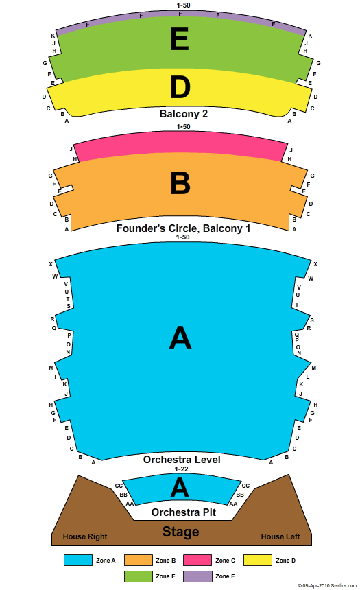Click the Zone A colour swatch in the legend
(x=78, y=560)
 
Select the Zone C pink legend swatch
(x=197, y=560)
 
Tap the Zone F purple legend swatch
(x=197, y=576)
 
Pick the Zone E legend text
(x=165, y=576)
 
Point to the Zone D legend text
(x=285, y=560)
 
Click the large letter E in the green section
(x=180, y=39)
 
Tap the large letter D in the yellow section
(x=180, y=87)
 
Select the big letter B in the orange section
(x=180, y=183)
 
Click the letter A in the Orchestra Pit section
(x=180, y=487)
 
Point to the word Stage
(x=180, y=532)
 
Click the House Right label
(x=85, y=536)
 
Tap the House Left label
(x=280, y=536)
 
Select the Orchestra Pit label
(x=184, y=512)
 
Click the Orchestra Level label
(x=182, y=460)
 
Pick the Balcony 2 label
(x=184, y=114)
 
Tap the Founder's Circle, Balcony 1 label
(x=183, y=228)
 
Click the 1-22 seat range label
(x=181, y=469)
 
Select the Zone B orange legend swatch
(x=138, y=560)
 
